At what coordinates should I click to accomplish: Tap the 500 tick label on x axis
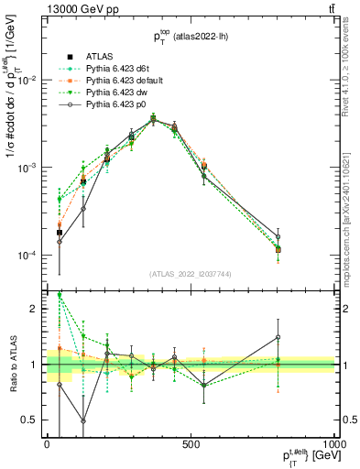pos(191,443)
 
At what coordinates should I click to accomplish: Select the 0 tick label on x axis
pos(47,443)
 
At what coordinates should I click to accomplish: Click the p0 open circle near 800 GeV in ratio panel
pos(278,337)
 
